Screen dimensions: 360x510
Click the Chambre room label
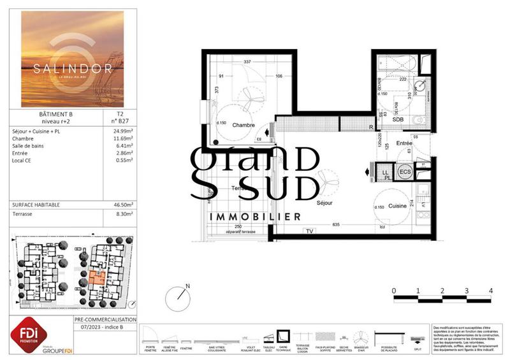[244, 125]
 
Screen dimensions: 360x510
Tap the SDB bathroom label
[398, 119]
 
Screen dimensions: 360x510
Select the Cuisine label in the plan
[398, 207]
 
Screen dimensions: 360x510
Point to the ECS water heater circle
[405, 172]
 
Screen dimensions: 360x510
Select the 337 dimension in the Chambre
[247, 62]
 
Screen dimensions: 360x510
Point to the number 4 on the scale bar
[491, 290]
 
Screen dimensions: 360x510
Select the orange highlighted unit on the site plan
[97, 278]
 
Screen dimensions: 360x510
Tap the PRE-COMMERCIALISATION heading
[105, 319]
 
